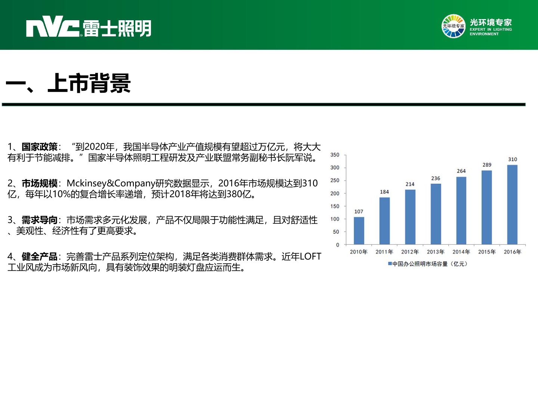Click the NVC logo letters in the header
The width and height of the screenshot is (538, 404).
click(x=53, y=27)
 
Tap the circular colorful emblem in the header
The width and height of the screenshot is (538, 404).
click(x=453, y=26)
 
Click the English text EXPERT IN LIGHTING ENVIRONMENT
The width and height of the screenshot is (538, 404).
click(x=491, y=32)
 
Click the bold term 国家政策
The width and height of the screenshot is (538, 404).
click(x=40, y=147)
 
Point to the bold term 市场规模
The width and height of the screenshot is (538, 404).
click(x=40, y=183)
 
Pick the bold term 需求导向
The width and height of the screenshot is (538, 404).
click(x=40, y=220)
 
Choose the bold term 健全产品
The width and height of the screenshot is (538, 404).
click(x=40, y=256)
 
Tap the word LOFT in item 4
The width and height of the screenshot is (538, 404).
click(x=310, y=257)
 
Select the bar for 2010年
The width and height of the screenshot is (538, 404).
click(x=359, y=230)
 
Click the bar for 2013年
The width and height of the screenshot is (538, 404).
click(x=436, y=214)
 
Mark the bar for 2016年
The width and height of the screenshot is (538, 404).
click(x=512, y=205)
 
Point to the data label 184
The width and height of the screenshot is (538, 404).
click(x=384, y=192)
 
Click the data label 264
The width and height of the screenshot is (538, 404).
click(x=461, y=171)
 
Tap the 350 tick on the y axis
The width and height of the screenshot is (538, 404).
click(x=335, y=155)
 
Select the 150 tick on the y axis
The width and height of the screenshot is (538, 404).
click(x=335, y=206)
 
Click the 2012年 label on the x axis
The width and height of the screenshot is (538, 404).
click(x=410, y=252)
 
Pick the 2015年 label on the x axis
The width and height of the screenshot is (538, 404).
click(x=487, y=252)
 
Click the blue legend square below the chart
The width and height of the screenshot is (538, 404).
click(x=390, y=263)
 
